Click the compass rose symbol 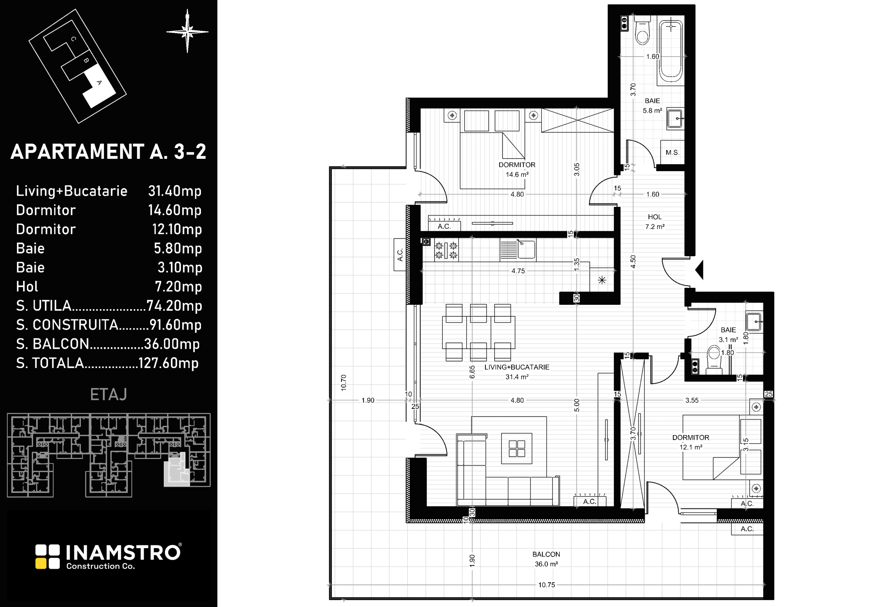187,31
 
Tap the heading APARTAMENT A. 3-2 108,152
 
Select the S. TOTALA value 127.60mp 168,363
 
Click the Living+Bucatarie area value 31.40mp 175,191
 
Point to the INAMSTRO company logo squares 48,557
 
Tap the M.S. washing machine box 672,152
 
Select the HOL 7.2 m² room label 655,222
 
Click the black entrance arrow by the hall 699,270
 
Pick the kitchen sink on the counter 526,249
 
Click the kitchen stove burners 446,250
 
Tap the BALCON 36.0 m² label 546,559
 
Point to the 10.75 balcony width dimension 546,585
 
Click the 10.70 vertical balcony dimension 344,382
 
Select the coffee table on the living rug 517,449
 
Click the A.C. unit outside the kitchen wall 400,255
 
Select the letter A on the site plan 99,82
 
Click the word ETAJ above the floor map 108,395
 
